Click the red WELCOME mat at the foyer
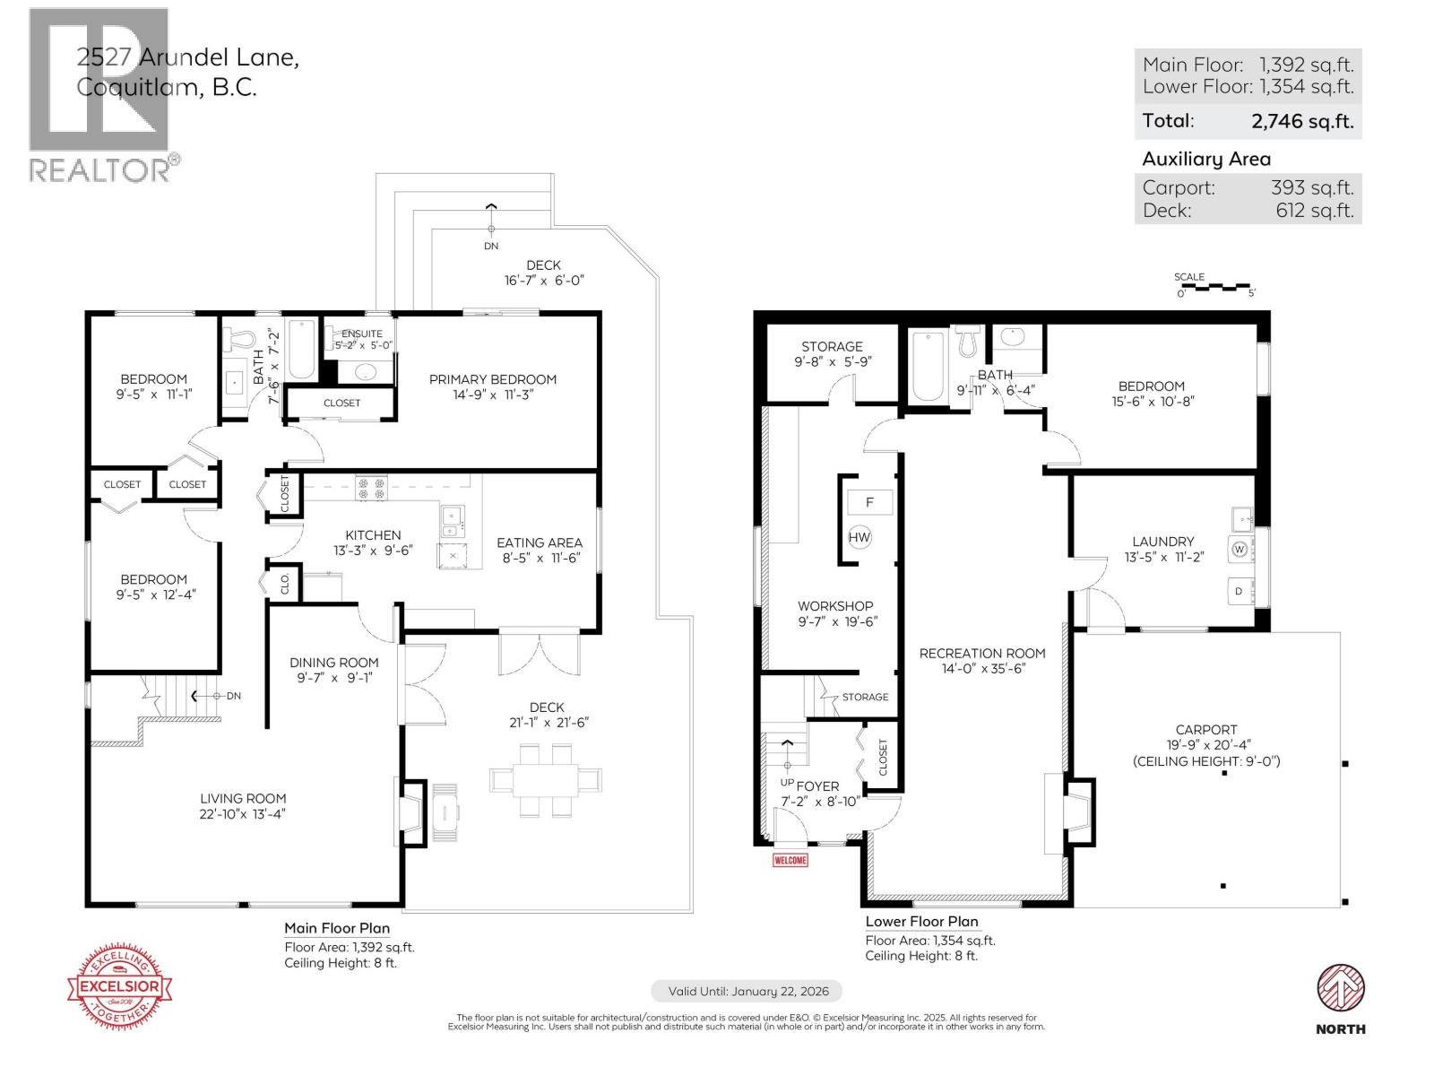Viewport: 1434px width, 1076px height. click(790, 861)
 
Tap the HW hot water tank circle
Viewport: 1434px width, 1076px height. click(860, 538)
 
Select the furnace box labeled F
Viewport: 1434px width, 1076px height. click(869, 502)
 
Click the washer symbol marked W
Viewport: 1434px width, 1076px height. click(1240, 550)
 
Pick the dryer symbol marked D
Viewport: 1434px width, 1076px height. click(1240, 592)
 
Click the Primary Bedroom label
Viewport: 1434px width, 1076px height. click(492, 379)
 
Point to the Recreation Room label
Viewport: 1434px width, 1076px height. click(982, 654)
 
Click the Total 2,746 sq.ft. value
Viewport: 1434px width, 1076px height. click(1301, 121)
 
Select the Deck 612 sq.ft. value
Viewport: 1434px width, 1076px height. click(1314, 211)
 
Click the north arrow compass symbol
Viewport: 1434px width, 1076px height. click(1340, 989)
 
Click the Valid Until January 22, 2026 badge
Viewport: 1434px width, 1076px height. click(746, 991)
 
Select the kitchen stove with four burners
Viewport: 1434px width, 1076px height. click(371, 488)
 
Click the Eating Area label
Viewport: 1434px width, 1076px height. click(540, 542)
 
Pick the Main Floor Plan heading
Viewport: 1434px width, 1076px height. click(337, 928)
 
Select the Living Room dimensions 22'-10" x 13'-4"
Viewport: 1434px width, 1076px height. click(243, 814)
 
